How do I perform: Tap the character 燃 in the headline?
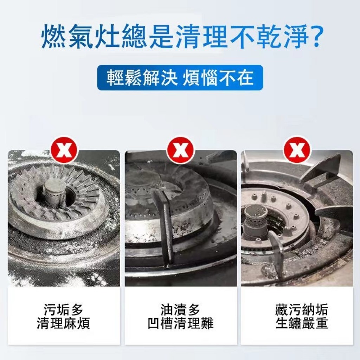(x=54, y=37)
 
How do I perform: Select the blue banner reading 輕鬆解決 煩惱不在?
(x=180, y=78)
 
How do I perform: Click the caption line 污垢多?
(x=63, y=310)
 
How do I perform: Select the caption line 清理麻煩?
(x=63, y=323)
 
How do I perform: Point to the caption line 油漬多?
(x=180, y=310)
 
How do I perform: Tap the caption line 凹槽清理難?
(x=180, y=323)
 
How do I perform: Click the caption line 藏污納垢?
(x=302, y=310)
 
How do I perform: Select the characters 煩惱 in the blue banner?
(x=200, y=78)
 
